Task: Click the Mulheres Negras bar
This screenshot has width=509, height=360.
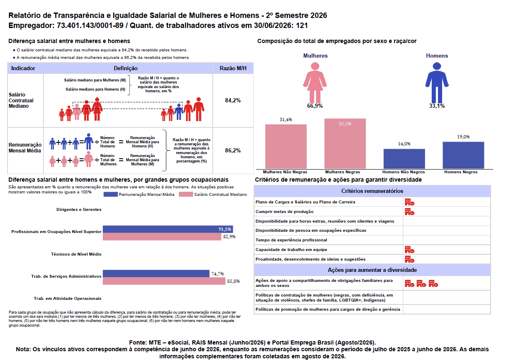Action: (x=345, y=144)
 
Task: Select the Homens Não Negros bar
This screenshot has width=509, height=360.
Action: (x=404, y=159)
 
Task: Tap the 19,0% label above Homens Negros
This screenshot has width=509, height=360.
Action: (x=463, y=137)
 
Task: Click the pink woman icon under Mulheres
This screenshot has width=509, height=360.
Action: (x=315, y=83)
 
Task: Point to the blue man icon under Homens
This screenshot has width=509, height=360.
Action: (x=437, y=83)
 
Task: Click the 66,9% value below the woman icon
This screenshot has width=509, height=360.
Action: (x=315, y=106)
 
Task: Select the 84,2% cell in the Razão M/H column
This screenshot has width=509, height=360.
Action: (x=233, y=100)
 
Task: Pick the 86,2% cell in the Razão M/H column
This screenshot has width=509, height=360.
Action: (x=233, y=151)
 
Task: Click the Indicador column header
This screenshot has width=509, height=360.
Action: (x=23, y=68)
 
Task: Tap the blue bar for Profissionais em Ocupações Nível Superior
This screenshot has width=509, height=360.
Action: (x=168, y=229)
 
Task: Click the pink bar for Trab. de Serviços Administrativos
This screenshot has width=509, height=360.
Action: (x=164, y=281)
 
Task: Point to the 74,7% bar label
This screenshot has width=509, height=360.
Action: (x=217, y=274)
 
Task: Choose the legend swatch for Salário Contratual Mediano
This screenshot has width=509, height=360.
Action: (x=186, y=195)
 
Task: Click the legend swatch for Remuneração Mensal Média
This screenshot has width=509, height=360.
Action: (x=110, y=195)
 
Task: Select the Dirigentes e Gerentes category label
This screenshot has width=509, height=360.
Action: (x=79, y=209)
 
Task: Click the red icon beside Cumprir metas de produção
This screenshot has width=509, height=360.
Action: (x=410, y=212)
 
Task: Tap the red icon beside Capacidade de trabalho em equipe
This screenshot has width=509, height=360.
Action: (x=410, y=250)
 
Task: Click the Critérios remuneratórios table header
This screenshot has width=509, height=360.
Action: (x=372, y=191)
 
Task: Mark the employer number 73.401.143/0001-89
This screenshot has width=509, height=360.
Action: (x=90, y=25)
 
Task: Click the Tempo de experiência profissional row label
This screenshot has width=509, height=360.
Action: (x=291, y=240)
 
